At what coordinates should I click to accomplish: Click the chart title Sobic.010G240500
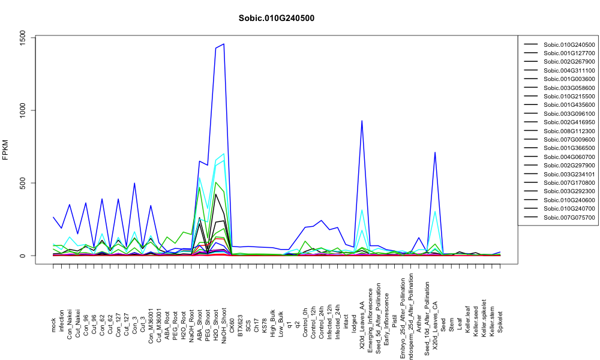[276, 19]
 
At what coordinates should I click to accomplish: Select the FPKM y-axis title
[5, 150]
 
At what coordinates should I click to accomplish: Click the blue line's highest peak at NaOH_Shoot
[224, 44]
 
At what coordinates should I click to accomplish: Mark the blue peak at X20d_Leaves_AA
[362, 121]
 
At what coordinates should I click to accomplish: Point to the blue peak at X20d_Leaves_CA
[435, 152]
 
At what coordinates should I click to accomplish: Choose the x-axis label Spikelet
[500, 322]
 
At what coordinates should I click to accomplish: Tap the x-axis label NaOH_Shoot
[224, 319]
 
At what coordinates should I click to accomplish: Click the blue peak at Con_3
[134, 183]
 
